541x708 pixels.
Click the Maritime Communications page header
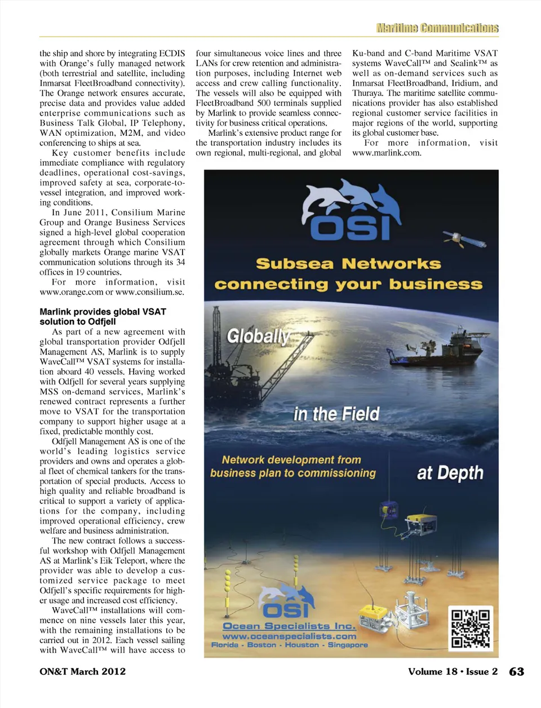(x=437, y=28)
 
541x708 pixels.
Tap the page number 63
(x=516, y=671)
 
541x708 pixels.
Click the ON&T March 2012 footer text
(x=83, y=671)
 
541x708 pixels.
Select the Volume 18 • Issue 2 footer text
(x=453, y=671)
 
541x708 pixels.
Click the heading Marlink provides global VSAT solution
(x=103, y=316)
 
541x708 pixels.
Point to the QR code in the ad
(x=471, y=628)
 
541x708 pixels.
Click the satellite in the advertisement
(x=464, y=239)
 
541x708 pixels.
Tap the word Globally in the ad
(x=258, y=337)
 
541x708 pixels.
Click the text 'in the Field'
(x=336, y=414)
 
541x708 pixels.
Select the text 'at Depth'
(x=450, y=473)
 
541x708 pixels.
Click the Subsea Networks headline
(x=348, y=264)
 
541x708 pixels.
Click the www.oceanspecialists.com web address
(x=289, y=636)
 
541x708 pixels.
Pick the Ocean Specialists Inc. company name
(x=289, y=626)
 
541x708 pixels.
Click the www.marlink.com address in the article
(x=387, y=153)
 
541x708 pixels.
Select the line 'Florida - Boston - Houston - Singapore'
(x=289, y=645)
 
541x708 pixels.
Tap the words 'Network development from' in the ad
(x=291, y=460)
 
